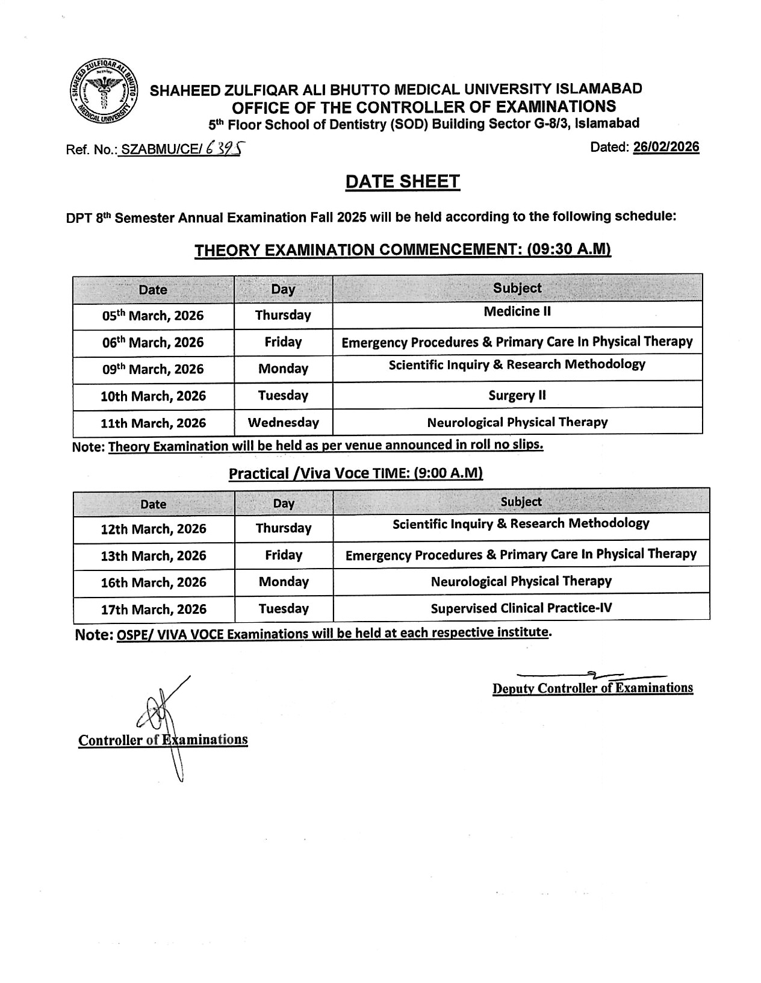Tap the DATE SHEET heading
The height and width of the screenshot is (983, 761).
pos(402,182)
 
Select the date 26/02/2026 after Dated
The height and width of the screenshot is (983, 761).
pos(666,148)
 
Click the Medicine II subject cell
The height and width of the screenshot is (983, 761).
pos(517,312)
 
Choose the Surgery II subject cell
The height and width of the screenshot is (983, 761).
pos(517,396)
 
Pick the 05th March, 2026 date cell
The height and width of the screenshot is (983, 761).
pos(153,316)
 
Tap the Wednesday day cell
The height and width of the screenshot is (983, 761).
pos(283,422)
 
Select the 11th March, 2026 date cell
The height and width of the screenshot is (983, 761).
pos(153,423)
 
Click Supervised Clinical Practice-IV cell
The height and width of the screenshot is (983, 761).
pos(521,608)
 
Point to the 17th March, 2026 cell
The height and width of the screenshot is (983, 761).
pos(154,609)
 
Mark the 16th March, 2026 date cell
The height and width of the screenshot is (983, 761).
pos(154,582)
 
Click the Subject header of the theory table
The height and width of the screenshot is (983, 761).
pos(517,289)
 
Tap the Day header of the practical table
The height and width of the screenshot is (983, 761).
pos(284,504)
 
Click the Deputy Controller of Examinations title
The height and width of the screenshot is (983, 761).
pos(592,688)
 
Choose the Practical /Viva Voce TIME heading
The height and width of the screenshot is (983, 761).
pos(356,473)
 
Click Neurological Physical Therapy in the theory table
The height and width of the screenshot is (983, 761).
pos(517,422)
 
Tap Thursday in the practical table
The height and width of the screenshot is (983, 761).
pos(284,528)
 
